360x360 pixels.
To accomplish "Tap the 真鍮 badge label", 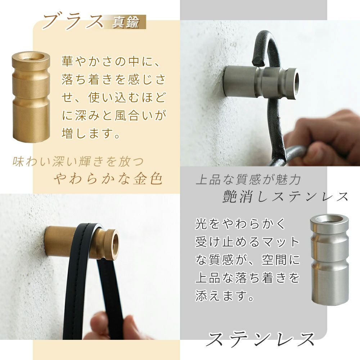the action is click(x=126, y=22).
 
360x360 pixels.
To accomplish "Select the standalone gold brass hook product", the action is click(x=31, y=96).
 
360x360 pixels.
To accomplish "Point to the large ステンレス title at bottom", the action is click(x=261, y=339).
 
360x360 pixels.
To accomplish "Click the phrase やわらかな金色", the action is click(x=108, y=179).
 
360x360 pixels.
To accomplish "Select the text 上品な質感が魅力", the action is click(x=248, y=179).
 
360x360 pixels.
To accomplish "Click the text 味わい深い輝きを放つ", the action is click(x=78, y=161).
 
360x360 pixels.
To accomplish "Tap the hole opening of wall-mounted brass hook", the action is click(x=115, y=244).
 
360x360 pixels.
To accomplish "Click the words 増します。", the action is click(x=91, y=134).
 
